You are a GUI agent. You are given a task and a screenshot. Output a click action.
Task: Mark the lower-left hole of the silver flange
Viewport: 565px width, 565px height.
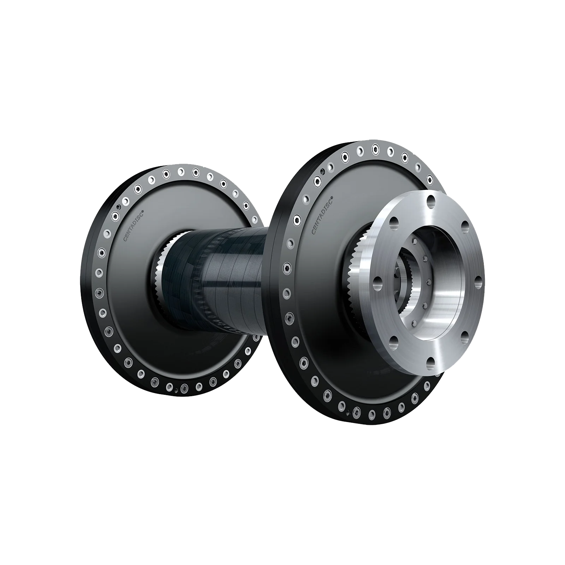393,340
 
